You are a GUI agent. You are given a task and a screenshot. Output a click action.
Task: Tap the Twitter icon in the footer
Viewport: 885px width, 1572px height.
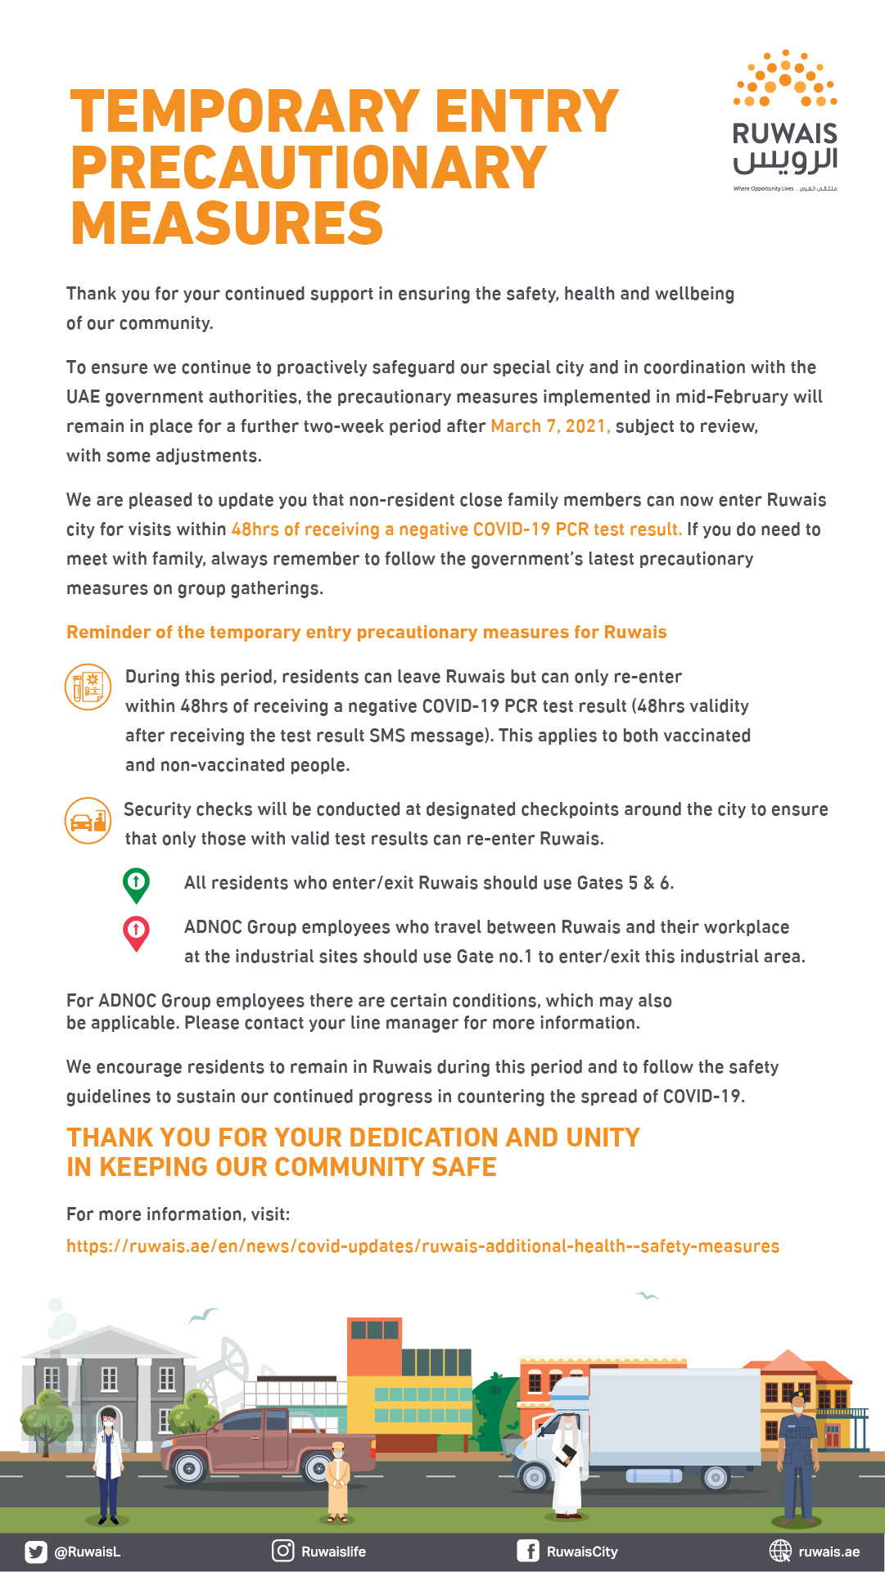(35, 1552)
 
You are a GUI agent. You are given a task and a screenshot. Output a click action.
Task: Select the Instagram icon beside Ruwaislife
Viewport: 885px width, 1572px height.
(283, 1551)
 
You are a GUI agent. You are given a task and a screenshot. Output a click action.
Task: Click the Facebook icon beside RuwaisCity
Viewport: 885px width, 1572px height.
(528, 1551)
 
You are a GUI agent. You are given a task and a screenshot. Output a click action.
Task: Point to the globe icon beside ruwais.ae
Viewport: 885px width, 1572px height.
(780, 1551)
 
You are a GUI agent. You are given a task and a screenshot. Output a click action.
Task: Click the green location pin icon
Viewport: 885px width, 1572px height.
(136, 885)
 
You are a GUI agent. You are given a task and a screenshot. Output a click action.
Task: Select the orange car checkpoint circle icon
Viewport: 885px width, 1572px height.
(88, 820)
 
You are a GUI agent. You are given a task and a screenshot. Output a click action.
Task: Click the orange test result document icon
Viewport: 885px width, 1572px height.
(88, 687)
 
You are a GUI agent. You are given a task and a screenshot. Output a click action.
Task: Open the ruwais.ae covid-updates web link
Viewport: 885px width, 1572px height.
(422, 1246)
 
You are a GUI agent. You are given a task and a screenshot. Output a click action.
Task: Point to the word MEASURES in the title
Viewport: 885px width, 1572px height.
(227, 223)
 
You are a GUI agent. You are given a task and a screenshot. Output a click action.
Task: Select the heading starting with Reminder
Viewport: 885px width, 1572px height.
(366, 633)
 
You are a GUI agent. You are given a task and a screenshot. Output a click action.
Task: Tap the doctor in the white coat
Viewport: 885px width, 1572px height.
(108, 1465)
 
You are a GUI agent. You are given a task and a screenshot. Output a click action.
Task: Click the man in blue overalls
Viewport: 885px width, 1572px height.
(797, 1457)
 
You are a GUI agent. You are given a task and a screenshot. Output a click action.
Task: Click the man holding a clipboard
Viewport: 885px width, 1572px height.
(567, 1465)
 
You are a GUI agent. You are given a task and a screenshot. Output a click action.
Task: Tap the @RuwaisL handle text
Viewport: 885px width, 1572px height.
(88, 1552)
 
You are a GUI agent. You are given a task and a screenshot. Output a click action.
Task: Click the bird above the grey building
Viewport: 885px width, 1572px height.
(202, 1315)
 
